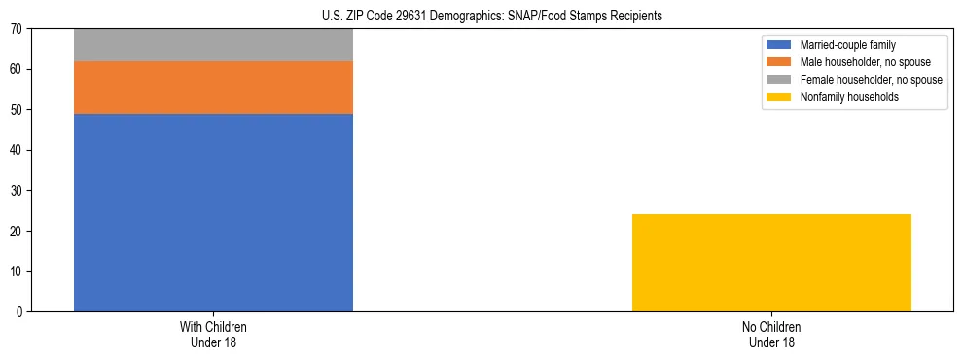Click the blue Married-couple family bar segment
tap(213, 212)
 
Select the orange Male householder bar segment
tap(213, 88)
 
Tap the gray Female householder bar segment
tap(213, 45)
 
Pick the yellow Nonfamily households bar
tap(771, 263)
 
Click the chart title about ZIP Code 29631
tap(491, 16)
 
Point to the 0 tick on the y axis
tap(20, 311)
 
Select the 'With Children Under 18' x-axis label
tap(213, 334)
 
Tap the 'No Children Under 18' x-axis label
tap(771, 334)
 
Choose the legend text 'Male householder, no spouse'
tap(865, 62)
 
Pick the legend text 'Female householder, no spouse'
tap(871, 80)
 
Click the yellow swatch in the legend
tap(779, 97)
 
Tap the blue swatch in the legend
tap(779, 45)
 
